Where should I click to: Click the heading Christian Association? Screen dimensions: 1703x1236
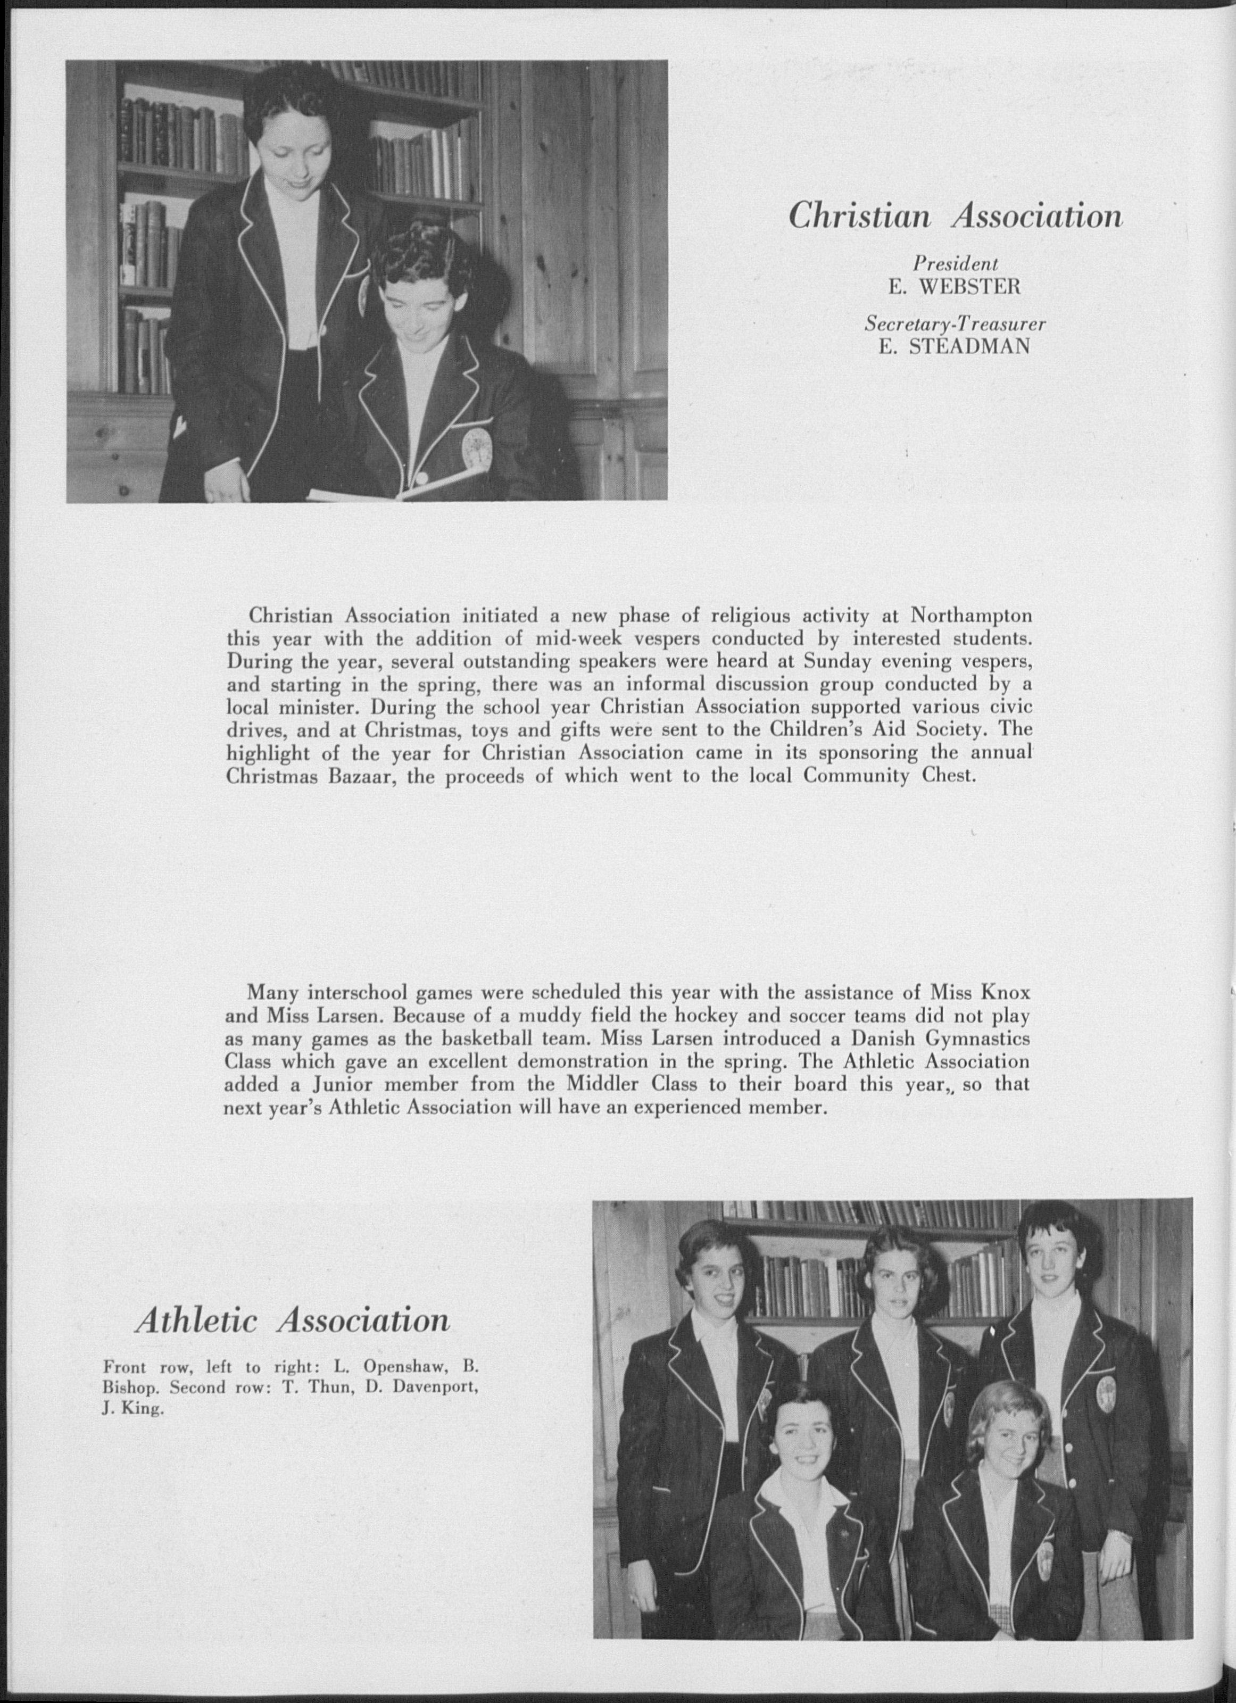click(x=955, y=217)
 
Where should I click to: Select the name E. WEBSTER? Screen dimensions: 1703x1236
click(x=955, y=286)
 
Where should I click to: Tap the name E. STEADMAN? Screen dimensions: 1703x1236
click(x=955, y=347)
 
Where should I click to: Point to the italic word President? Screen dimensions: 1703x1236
click(x=955, y=263)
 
